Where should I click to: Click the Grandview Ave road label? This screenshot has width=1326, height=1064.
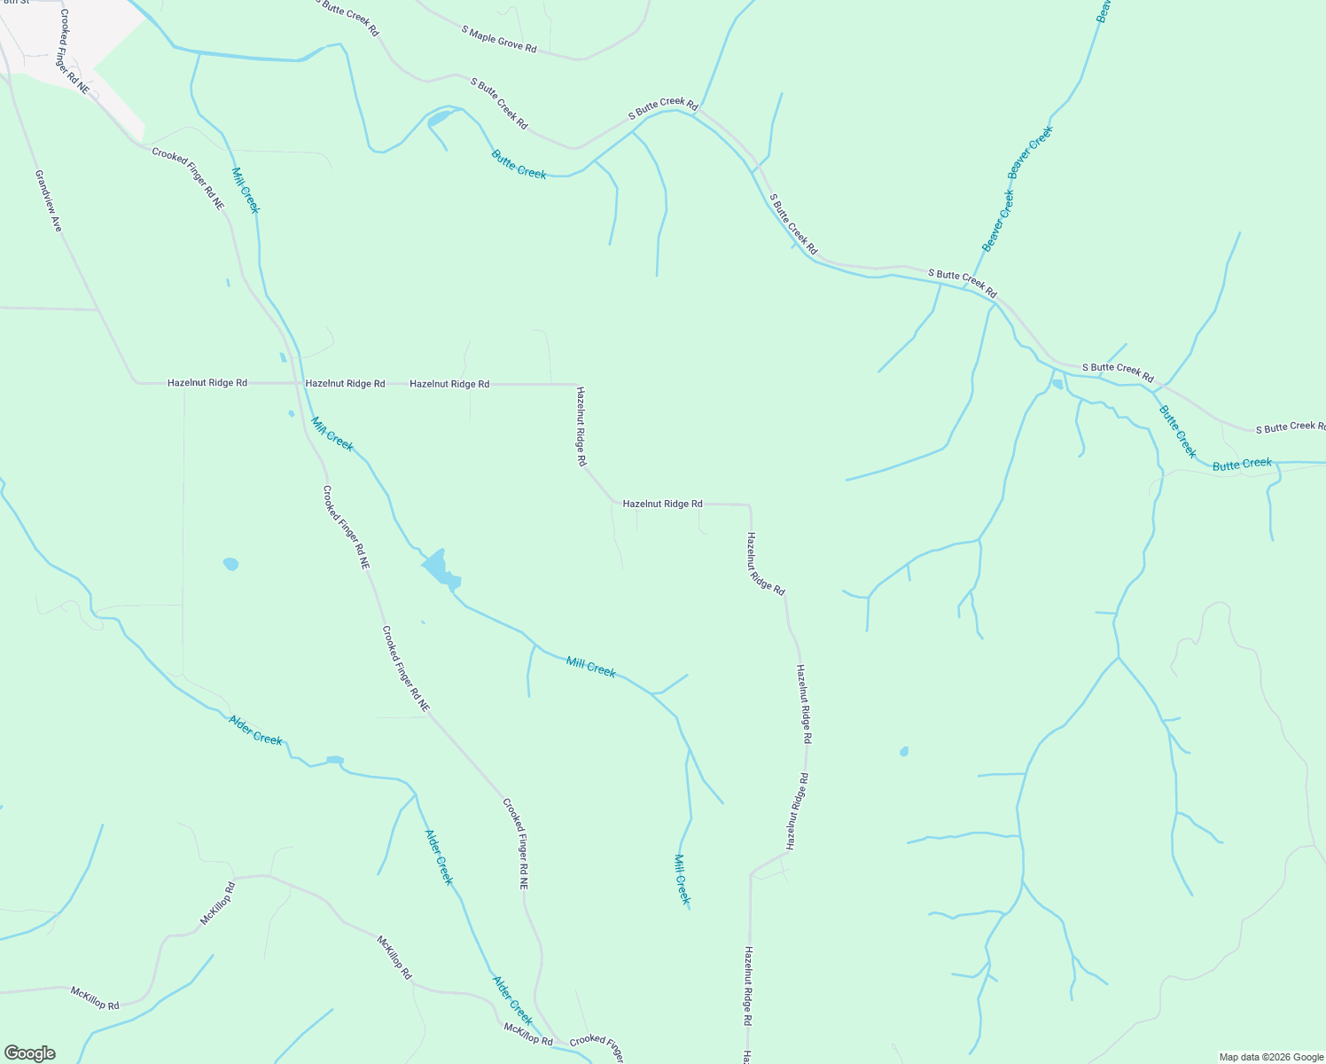coord(49,201)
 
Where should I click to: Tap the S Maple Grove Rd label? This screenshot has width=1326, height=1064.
coord(499,39)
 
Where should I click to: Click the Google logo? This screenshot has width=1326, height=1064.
coord(29,1053)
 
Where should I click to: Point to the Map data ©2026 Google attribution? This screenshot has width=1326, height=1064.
coord(1271,1057)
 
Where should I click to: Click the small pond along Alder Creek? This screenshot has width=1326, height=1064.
coord(334,760)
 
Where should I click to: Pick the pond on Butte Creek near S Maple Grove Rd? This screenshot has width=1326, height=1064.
coord(440,119)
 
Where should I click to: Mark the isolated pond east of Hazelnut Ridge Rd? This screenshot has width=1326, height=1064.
coord(903,752)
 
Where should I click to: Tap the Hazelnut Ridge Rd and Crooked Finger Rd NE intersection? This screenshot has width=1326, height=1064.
coord(297,384)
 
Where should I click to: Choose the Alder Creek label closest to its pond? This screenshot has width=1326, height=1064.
coord(255,730)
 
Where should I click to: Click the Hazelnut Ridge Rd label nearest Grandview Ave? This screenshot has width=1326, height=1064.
coord(207,383)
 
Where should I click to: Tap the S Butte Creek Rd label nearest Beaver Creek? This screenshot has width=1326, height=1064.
coord(963,284)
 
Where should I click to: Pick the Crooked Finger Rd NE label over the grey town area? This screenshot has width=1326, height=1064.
coord(74,52)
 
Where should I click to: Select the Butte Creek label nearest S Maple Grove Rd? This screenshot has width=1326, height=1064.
coord(519,164)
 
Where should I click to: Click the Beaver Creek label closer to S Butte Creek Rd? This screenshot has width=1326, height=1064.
coord(997,220)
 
